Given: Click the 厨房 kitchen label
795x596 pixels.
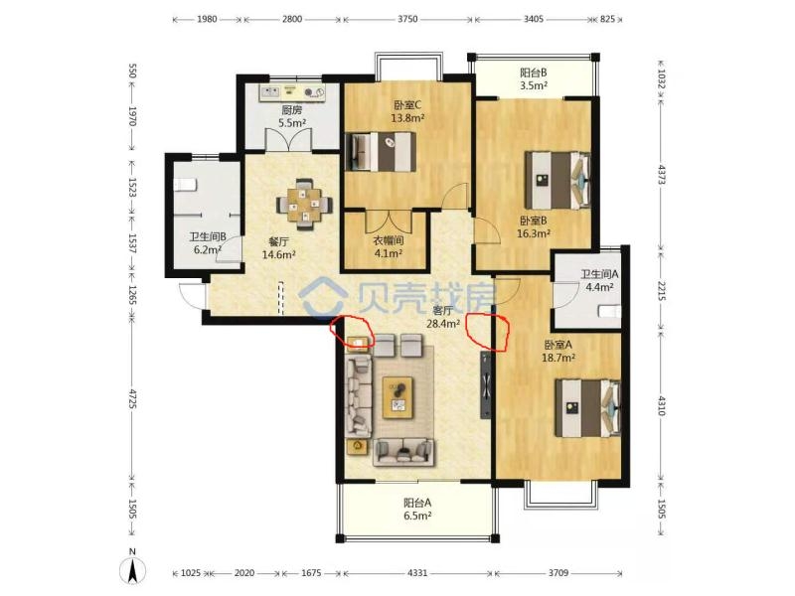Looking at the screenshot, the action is [291, 109].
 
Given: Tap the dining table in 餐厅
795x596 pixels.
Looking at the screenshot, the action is [305, 204].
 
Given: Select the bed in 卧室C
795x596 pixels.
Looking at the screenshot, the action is [381, 152].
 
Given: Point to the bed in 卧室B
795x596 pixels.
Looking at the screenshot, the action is [557, 180].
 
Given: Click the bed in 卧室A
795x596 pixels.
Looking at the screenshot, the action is [588, 408].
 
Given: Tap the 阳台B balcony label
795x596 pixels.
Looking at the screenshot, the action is [534, 73].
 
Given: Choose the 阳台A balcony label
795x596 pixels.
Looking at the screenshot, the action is [417, 503].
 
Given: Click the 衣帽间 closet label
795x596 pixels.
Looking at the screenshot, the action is [389, 240].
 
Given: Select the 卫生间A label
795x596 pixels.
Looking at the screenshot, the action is [600, 274].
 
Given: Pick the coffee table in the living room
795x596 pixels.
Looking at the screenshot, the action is [398, 397].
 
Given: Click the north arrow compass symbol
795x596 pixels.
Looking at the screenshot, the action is [132, 568].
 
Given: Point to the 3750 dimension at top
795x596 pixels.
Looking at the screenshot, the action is [407, 19].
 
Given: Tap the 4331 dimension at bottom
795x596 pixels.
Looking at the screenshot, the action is [417, 573].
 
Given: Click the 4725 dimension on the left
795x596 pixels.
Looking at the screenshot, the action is [132, 398].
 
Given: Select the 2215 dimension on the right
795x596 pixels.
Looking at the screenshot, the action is [661, 290].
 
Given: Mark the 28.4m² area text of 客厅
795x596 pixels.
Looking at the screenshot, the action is [443, 323].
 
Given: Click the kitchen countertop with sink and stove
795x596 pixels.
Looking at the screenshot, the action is [292, 92].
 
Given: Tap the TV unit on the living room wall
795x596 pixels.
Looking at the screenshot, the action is [486, 385].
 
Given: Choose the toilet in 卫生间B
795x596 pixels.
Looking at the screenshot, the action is [185, 185].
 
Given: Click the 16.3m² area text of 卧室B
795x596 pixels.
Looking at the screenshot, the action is [534, 233].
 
